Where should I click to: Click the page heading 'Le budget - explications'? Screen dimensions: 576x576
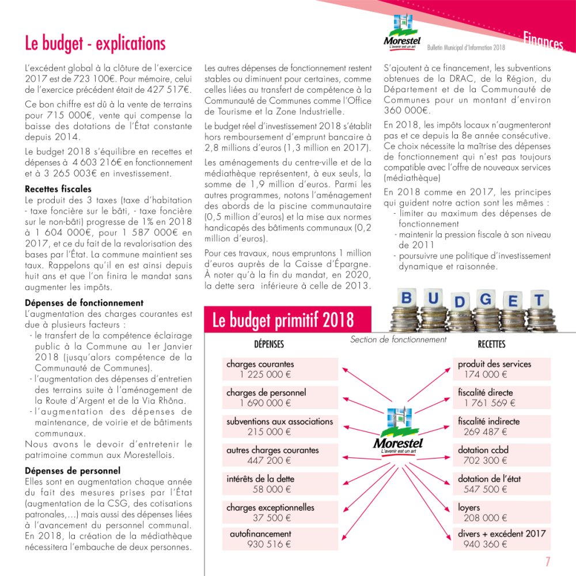[x=95, y=44]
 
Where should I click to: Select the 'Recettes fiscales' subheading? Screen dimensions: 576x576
[x=58, y=189]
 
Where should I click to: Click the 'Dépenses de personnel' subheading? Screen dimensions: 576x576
[x=73, y=471]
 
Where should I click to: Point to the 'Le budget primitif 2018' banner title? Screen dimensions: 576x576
[x=283, y=321]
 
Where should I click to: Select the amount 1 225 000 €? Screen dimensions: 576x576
[x=266, y=374]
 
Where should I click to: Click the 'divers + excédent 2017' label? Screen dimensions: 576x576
[x=502, y=533]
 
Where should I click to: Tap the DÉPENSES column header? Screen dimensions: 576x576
[x=269, y=344]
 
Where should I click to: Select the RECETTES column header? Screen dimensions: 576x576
[x=491, y=344]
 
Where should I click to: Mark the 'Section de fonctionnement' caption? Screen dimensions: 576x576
[x=398, y=340]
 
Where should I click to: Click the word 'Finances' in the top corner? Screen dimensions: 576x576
[x=543, y=42]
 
